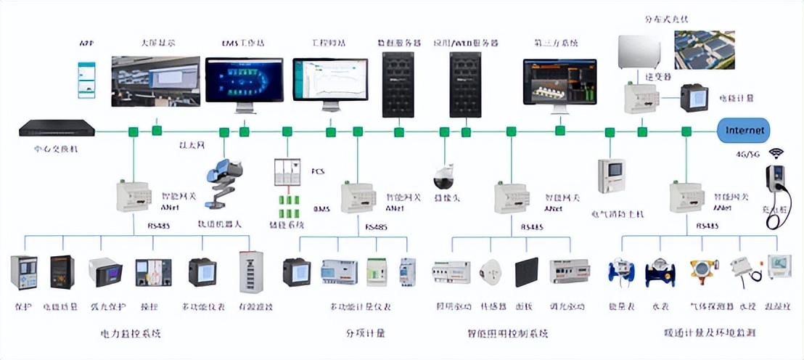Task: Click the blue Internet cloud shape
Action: coord(744,131)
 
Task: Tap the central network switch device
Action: coord(57,129)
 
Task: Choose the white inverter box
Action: coord(639,51)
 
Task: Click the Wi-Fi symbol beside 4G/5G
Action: coord(776,153)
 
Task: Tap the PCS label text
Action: coord(317,171)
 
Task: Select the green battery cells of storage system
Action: coord(290,205)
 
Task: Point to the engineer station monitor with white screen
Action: coord(330,81)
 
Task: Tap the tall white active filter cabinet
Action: coord(250,272)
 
